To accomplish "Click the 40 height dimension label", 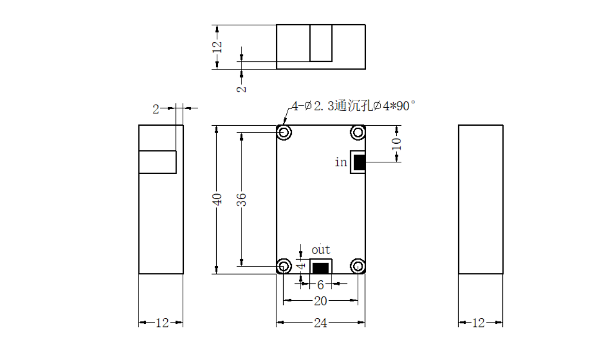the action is pos(217,199).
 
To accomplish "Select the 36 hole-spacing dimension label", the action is pos(241,199).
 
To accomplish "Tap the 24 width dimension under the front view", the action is pos(321,322).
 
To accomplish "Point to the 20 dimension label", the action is pos(321,301).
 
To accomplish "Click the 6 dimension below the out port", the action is pos(321,284).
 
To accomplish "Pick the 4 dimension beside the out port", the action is pos(302,266).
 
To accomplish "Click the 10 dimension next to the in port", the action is pos(396,144).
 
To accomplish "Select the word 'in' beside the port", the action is pos(341,162).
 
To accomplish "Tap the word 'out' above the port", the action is pos(321,249).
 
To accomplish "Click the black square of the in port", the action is pos(359,162).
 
